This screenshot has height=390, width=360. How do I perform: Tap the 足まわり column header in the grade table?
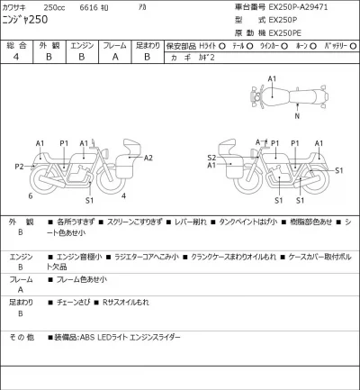click(147, 44)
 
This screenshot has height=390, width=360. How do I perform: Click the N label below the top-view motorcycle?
click(294, 115)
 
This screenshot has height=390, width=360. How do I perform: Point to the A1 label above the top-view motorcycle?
click(272, 79)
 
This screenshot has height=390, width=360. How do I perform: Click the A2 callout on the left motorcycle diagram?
click(148, 158)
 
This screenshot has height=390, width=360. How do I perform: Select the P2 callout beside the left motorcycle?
click(19, 167)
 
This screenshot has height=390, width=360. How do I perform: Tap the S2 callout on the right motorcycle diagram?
click(211, 157)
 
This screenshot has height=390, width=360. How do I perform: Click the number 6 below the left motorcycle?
click(31, 195)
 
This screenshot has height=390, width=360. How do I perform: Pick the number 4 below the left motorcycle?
click(123, 195)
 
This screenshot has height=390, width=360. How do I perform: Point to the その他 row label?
click(22, 337)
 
